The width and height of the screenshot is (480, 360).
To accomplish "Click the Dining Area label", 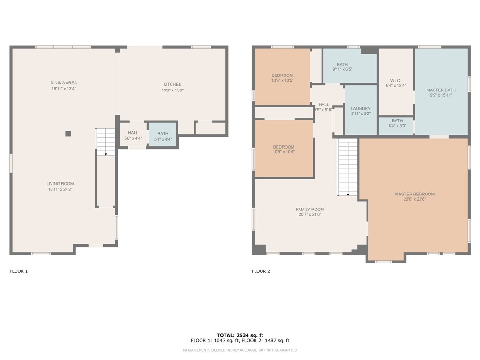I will pos(64,83).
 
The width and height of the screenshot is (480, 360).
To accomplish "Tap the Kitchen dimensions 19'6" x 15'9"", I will pos(172,90).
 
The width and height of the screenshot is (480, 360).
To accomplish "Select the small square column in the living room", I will pos(68,134).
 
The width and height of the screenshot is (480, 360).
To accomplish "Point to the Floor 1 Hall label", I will pos(133,133).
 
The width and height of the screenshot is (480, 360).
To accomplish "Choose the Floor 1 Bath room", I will pos(163,136).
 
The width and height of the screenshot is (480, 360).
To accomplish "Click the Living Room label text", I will pos(60,184).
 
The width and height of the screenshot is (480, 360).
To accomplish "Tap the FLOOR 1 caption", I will pos(19,271).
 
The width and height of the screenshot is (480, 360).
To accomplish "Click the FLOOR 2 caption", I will pos(261,271).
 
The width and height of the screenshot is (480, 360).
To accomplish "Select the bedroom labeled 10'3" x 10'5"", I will pos(282,78).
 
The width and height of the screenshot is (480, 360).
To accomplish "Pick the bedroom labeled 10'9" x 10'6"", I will pos(284,149).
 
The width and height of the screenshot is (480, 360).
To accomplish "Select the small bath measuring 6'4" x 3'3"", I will pos(397,123).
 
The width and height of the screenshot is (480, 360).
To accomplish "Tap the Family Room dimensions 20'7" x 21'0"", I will pos(309,215).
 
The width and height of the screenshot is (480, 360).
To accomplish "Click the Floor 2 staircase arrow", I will pos(348,194).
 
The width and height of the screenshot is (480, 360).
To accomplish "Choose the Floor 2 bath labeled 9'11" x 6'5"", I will pos(350,67).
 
